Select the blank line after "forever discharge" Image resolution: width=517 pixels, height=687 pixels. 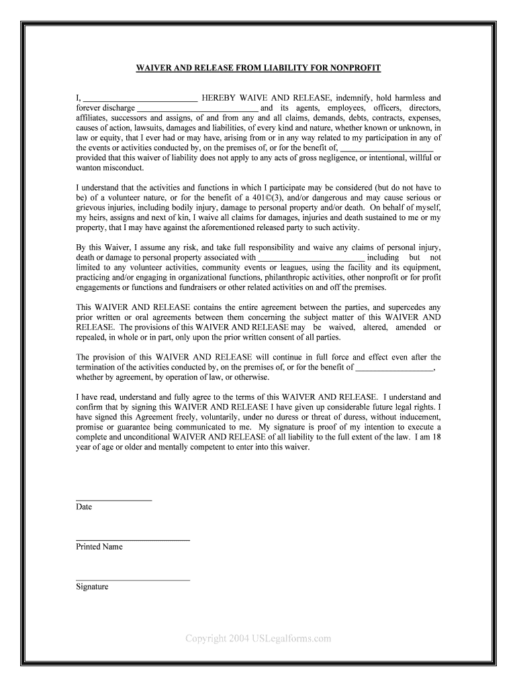[x=197, y=108]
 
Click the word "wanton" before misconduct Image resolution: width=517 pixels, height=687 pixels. [x=89, y=168]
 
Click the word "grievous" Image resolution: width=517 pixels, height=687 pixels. [x=92, y=208]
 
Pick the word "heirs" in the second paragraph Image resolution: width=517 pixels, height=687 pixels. [x=98, y=218]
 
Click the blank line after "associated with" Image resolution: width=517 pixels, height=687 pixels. [x=312, y=258]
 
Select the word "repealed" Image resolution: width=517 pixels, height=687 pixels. [x=92, y=337]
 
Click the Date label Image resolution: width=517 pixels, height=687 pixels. [x=84, y=507]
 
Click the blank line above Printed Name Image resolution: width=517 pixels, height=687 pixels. [x=133, y=539]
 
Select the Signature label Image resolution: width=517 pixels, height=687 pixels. [x=92, y=587]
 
